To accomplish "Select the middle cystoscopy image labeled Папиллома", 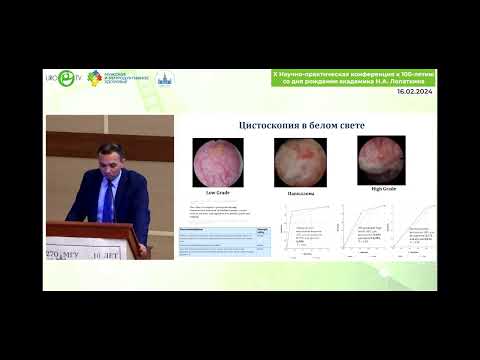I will coord(295,159).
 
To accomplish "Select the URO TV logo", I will coord(66,77).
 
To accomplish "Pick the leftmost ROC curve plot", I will coord(297,231).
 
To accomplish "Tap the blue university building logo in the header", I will coord(169,78).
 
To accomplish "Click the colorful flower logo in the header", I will coord(95,78).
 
